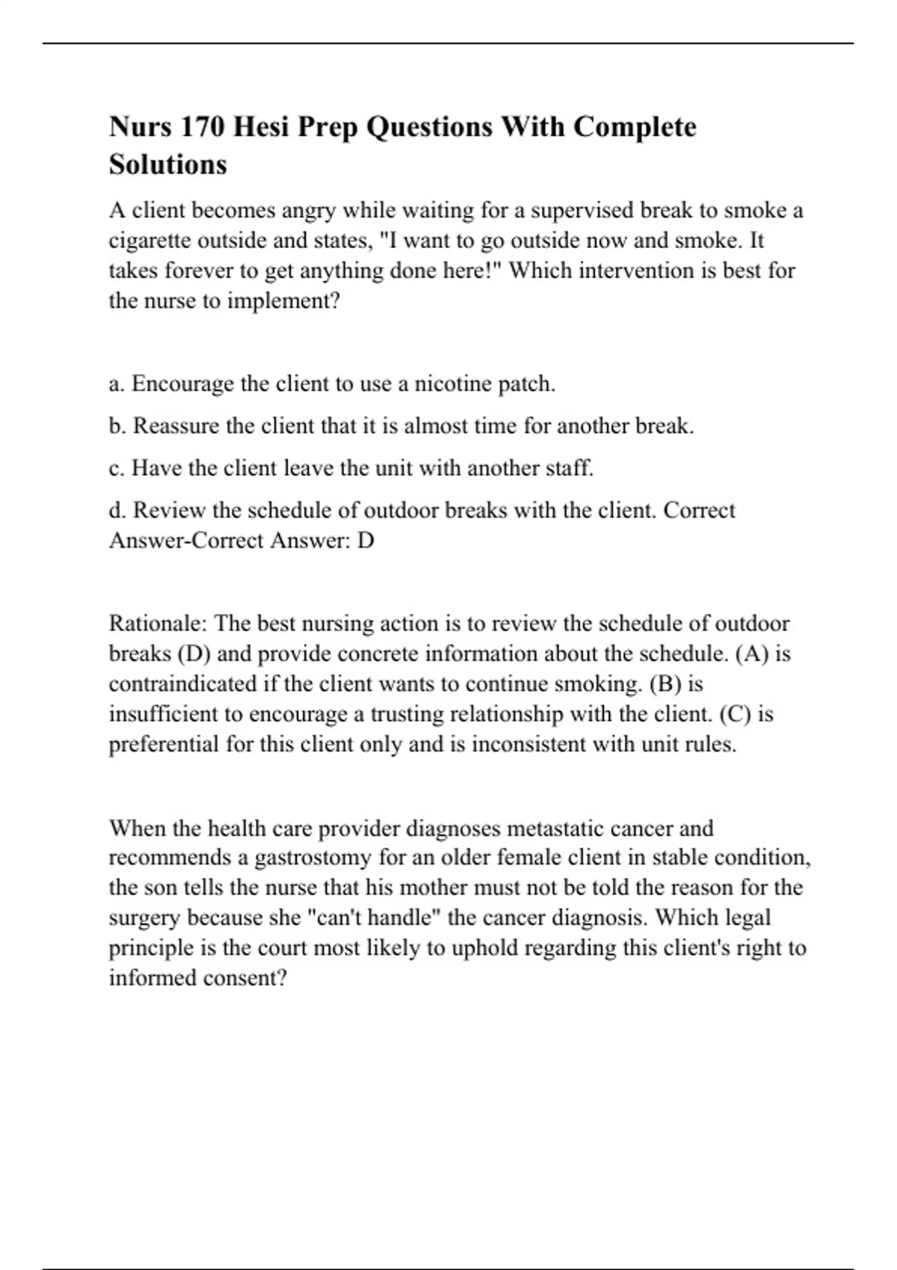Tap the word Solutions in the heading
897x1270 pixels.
(x=167, y=164)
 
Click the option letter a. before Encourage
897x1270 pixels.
(x=116, y=384)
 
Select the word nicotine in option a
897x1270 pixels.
(x=452, y=384)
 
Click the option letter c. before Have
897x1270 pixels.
(x=116, y=468)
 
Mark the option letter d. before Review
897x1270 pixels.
(x=117, y=510)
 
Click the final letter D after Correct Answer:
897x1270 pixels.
(x=366, y=540)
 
